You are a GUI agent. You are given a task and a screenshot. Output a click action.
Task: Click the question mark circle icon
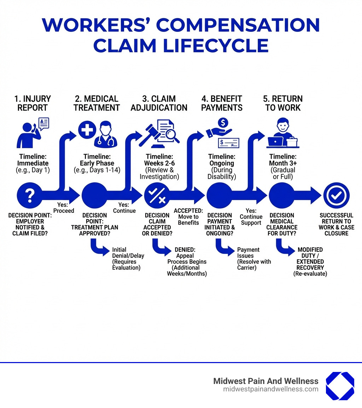click(x=30, y=195)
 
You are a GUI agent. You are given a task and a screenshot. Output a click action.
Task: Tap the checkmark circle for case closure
click(x=336, y=195)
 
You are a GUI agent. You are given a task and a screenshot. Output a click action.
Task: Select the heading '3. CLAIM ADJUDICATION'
click(x=159, y=103)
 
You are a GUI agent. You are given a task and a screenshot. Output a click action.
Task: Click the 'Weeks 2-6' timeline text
click(x=159, y=163)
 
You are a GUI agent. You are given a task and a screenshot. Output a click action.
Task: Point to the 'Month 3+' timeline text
click(x=283, y=163)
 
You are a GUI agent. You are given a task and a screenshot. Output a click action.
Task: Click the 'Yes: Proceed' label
click(x=64, y=208)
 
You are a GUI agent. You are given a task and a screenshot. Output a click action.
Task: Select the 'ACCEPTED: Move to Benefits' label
click(x=188, y=216)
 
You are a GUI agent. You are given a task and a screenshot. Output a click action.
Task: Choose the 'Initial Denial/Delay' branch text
click(x=128, y=252)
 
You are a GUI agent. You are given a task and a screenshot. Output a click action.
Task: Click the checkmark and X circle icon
click(x=157, y=195)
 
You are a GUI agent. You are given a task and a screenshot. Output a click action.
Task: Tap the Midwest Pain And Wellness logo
click(x=340, y=386)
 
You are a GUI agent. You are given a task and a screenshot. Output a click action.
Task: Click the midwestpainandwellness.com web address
click(x=270, y=389)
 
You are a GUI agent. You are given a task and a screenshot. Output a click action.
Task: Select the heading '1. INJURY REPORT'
click(x=33, y=103)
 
